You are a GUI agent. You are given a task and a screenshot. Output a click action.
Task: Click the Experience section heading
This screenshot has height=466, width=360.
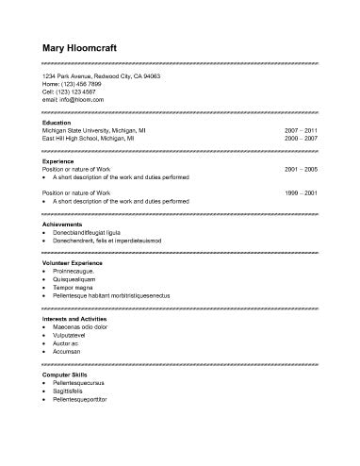[58, 161]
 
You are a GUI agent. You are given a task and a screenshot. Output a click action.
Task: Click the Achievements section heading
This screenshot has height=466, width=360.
[62, 225]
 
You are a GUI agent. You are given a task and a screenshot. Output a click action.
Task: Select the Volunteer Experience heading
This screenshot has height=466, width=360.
[72, 264]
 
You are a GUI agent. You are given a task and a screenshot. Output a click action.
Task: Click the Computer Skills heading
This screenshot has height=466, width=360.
[64, 375]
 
